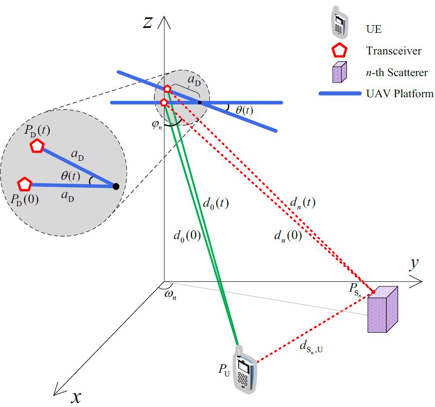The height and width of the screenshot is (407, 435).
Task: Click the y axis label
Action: point(414,265)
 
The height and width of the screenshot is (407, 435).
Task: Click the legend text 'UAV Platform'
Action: point(400,94)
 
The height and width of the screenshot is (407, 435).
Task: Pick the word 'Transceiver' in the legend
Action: point(394,51)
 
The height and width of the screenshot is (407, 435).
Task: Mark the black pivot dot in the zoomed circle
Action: point(115,186)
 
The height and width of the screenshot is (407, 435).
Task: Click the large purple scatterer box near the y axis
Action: point(382,310)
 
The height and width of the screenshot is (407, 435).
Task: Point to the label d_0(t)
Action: point(216,203)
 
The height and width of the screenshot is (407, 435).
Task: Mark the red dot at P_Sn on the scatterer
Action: point(373,293)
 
